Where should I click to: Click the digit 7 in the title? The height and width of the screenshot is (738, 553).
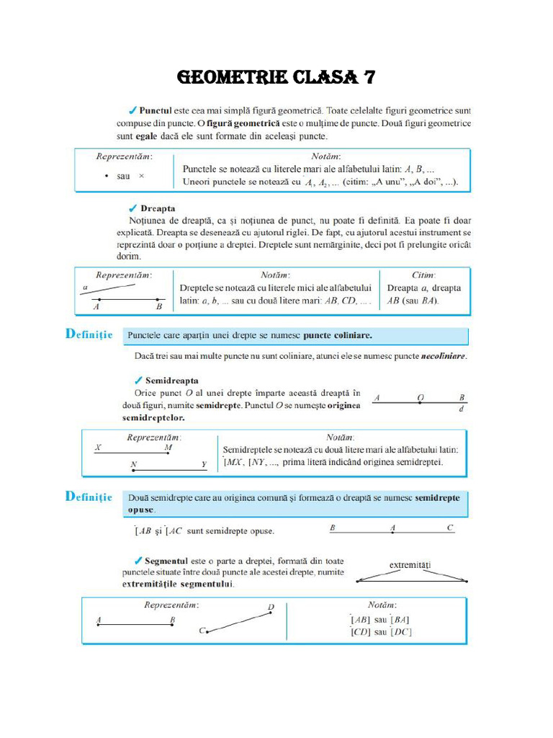point(366,77)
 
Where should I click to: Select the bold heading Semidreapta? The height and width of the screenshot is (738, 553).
point(172,380)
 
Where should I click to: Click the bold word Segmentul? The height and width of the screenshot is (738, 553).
point(168,560)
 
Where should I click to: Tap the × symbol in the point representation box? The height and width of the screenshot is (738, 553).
point(141,176)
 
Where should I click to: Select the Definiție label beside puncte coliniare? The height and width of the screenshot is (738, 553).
point(89,334)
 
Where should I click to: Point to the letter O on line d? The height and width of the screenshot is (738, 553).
point(421,397)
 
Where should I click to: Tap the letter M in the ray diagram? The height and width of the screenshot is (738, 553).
point(168,448)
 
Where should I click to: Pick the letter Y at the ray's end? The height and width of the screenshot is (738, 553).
point(204,464)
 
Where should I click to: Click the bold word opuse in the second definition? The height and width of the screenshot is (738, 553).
point(140,510)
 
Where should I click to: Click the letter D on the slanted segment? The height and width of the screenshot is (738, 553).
point(271,607)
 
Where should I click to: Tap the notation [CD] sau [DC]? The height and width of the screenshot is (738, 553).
point(381,632)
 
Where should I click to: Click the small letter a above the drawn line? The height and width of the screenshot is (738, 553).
point(86,287)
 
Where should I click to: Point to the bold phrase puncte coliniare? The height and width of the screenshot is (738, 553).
point(338,335)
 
